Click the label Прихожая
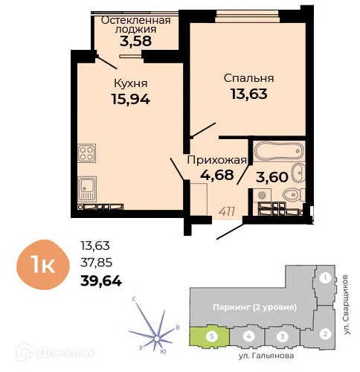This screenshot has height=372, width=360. (216, 159)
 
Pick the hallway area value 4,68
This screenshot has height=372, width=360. (216, 176)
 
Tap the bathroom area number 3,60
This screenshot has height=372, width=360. (271, 178)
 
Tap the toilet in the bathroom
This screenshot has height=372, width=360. (292, 196)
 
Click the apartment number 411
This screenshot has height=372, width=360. (227, 211)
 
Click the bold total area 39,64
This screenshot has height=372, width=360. (100, 280)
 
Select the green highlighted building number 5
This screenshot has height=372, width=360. (213, 336)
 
